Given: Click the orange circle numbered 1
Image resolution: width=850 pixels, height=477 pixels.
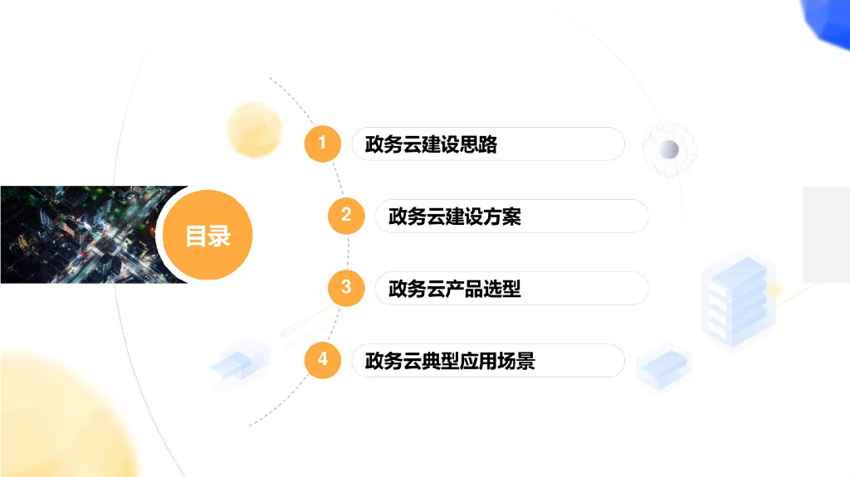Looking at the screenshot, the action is [322, 144].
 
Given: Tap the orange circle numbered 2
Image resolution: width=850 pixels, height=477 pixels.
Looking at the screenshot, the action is [345, 216].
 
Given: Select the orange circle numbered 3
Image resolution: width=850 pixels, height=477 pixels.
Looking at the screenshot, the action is [345, 288].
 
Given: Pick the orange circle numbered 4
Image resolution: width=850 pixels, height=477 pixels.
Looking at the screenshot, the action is [322, 360].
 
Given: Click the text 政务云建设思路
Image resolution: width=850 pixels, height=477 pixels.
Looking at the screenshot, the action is [431, 144].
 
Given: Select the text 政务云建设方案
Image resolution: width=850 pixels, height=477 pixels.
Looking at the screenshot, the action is [454, 217].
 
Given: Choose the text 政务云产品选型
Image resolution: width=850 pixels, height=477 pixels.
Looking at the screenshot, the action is [454, 289].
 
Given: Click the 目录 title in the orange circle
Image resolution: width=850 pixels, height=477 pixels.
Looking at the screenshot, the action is [208, 236].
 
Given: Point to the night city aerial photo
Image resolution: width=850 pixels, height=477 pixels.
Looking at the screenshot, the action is [79, 234].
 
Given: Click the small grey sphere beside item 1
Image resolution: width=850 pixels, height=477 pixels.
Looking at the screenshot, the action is [669, 149].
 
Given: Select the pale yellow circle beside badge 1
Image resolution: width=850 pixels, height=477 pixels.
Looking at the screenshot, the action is [254, 130].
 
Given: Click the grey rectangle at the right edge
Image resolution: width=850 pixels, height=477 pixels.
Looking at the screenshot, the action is [826, 234].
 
